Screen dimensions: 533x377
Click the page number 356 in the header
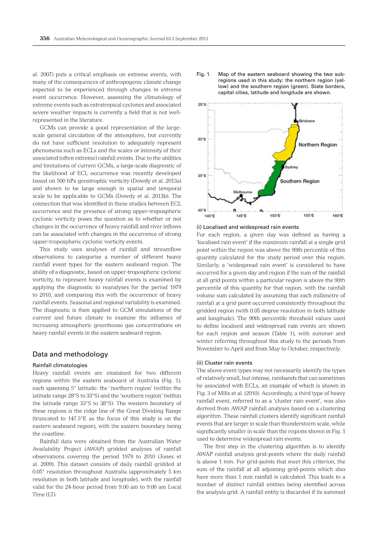coord(44,39)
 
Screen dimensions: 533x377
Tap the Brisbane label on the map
coord(307,121)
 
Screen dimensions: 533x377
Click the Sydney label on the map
coord(291,167)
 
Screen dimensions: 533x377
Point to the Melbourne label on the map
coord(243,192)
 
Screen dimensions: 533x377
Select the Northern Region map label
coord(317,145)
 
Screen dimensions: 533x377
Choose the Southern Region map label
coord(300,181)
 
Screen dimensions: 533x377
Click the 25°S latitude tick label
coord(202,105)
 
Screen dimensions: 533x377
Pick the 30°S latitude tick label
coord(202,140)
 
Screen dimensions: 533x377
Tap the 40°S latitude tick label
coord(202,210)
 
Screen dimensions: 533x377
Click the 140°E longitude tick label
coord(209,216)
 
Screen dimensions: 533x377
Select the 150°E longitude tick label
coord(275,216)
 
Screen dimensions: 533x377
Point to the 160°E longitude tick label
coord(337,216)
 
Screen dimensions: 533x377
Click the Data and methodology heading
coord(70,354)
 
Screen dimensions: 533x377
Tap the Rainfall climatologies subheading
coord(60,365)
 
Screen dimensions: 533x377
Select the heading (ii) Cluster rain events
coord(224,363)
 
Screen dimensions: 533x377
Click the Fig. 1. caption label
coord(203,74)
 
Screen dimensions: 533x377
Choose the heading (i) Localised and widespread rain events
coord(247,227)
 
